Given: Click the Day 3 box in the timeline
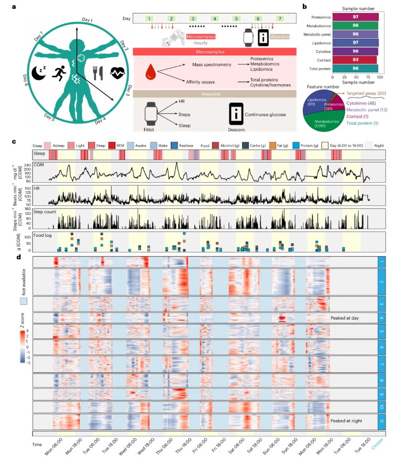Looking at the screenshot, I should (x=193, y=19).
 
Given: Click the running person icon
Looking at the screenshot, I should (x=59, y=75).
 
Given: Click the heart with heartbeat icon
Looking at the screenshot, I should (x=117, y=74).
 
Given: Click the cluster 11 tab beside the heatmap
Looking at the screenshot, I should (x=381, y=422).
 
